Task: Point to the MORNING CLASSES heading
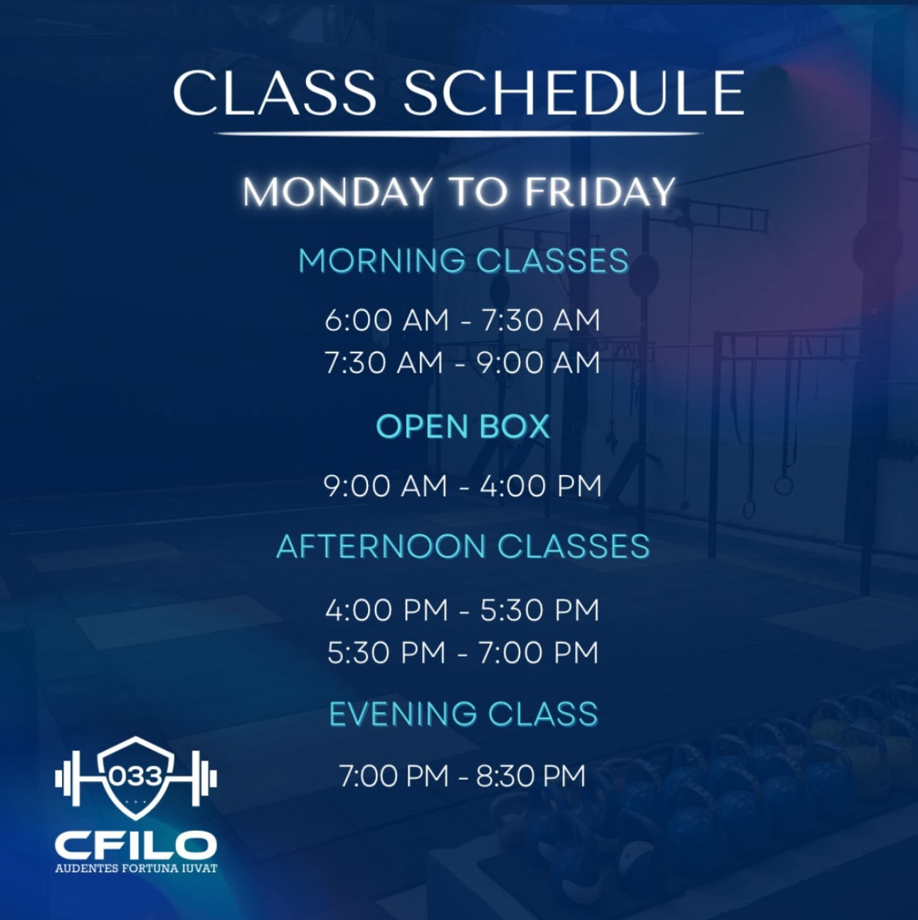point(463,261)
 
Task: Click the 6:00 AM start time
point(386,320)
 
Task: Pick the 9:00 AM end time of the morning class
point(538,362)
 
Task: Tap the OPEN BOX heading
point(463,427)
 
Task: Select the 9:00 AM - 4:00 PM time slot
point(463,486)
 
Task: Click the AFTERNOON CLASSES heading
point(463,546)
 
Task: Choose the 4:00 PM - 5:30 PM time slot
point(462,610)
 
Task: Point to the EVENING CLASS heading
point(463,714)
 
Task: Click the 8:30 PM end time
point(531,776)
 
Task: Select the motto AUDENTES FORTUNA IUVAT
point(136,868)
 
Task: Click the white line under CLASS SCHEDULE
point(458,134)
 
